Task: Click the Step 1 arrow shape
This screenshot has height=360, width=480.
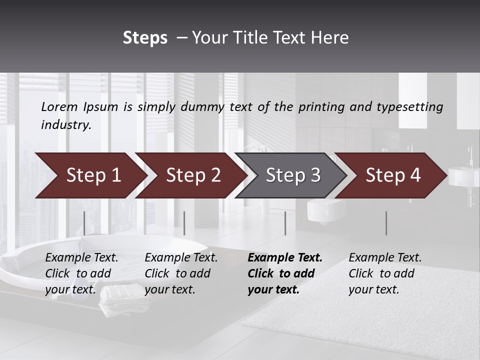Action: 90,175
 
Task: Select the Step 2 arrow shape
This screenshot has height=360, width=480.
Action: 190,175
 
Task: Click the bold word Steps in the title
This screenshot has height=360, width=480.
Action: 145,38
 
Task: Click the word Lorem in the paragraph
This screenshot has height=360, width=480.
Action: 59,106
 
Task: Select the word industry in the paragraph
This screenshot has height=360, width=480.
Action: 65,125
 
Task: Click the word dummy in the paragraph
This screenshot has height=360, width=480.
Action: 202,106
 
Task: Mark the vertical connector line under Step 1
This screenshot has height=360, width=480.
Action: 84,223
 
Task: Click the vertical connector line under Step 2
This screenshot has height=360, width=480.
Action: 184,223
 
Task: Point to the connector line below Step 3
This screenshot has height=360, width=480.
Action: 285,223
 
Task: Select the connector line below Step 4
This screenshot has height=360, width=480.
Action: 386,223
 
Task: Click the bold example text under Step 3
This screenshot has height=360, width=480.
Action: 284,273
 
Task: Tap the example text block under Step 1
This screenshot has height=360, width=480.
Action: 81,273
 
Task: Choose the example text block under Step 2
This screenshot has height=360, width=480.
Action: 181,273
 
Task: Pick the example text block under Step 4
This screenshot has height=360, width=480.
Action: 384,273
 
